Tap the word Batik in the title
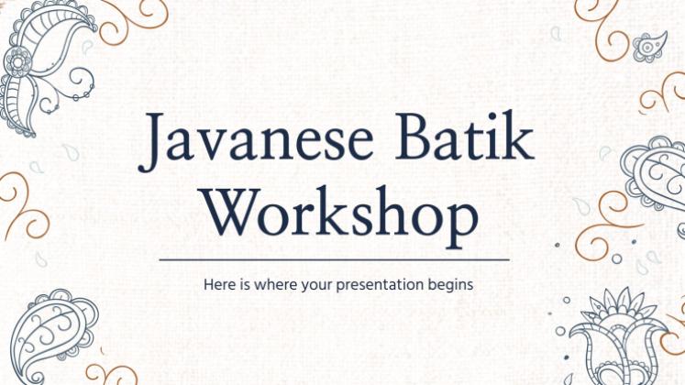pyautogui.click(x=464, y=136)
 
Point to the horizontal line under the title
pyautogui.click(x=334, y=259)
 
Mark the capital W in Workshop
pyautogui.click(x=233, y=212)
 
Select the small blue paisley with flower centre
pyautogui.click(x=649, y=46)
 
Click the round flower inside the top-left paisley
pyautogui.click(x=18, y=62)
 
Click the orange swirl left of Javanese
pyautogui.click(x=24, y=205)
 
